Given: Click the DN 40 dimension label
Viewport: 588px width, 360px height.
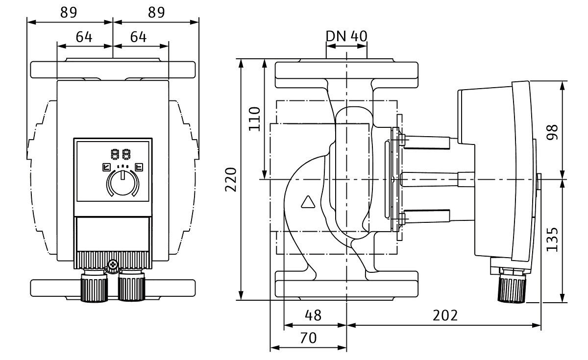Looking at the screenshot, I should tap(346, 36).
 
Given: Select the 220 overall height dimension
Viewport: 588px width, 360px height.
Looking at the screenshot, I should tap(231, 179).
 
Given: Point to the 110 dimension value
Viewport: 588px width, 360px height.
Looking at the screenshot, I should tap(254, 119).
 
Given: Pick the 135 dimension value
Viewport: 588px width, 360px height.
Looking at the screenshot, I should tap(553, 239).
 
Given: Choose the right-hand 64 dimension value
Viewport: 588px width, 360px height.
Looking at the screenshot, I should tap(139, 37).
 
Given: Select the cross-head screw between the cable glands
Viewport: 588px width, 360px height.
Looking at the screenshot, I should tap(114, 265).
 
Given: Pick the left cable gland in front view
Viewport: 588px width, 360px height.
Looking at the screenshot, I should tap(94, 287).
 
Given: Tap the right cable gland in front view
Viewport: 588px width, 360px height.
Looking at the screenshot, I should tap(132, 287).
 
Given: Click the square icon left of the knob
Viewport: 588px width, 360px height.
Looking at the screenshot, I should tap(106, 167).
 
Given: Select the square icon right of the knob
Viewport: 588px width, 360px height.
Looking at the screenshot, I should tap(139, 167).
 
